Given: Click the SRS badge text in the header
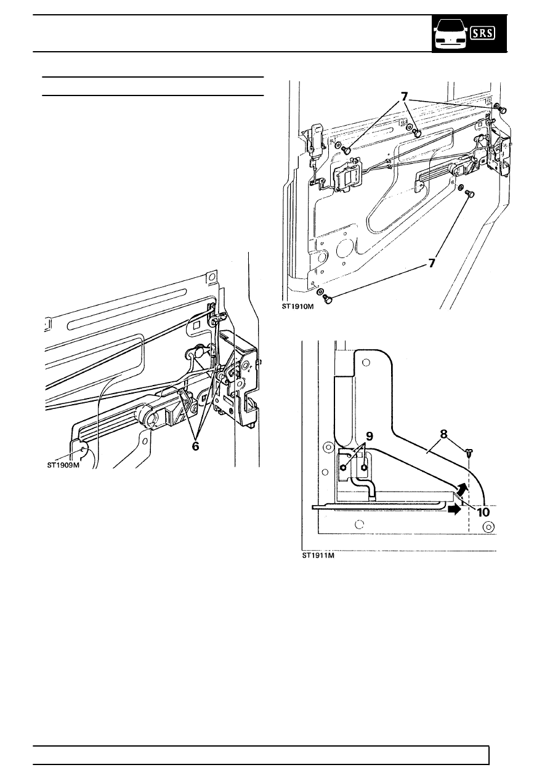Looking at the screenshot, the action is click(483, 33).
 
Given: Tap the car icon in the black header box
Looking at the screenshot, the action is click(450, 34).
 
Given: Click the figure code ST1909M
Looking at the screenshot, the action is click(63, 465).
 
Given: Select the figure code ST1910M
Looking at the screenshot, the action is click(297, 307).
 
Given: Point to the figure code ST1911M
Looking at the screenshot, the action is click(318, 556).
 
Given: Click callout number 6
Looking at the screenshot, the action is click(195, 447).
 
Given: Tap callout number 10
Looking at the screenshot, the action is click(483, 512).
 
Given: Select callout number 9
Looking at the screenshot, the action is click(370, 437).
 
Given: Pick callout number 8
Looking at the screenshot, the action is click(443, 434).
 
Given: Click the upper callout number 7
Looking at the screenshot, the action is click(404, 97).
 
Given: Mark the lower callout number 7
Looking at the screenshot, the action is click(431, 264).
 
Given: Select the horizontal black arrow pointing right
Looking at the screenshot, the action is click(455, 509).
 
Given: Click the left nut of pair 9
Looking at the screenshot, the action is click(344, 467).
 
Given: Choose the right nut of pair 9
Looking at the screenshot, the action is click(364, 467).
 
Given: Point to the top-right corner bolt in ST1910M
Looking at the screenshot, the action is click(503, 110).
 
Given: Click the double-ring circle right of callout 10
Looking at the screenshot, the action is click(488, 527).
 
